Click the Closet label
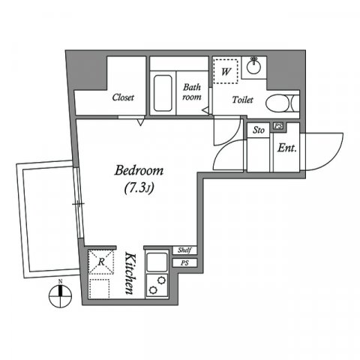point(123,97)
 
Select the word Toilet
point(241,100)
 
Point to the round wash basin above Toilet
point(254,67)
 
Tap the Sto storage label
point(259,130)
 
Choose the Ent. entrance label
point(286,148)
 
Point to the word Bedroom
point(139,171)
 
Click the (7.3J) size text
point(139,188)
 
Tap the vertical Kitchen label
point(130,273)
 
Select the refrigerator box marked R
point(100,263)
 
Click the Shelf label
point(184,250)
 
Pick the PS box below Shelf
point(184,262)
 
